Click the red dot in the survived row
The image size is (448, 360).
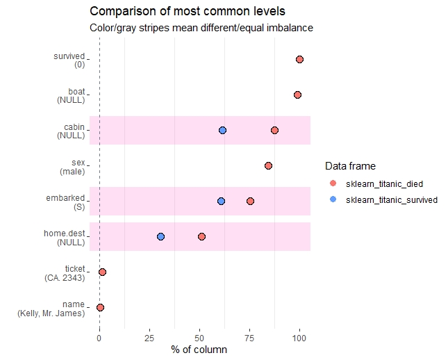(x=299, y=60)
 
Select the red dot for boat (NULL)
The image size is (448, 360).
(x=297, y=95)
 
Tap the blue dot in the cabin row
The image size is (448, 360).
(x=222, y=131)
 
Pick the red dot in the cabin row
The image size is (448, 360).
(x=274, y=131)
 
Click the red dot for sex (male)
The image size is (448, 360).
(x=268, y=166)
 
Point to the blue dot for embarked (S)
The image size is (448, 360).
(x=221, y=201)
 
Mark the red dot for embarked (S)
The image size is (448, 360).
(x=250, y=201)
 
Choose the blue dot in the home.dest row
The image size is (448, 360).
(x=160, y=236)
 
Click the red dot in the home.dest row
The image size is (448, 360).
(x=201, y=236)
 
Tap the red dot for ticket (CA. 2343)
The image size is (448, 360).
(x=102, y=272)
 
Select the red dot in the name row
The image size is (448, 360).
(x=100, y=307)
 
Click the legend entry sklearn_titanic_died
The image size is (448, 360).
(x=384, y=183)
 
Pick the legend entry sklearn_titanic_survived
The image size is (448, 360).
(x=391, y=199)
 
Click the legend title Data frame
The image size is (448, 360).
(x=350, y=166)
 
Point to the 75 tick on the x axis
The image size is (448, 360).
(x=249, y=338)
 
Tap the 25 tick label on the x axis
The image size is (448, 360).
(x=149, y=338)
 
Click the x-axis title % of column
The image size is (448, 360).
(x=199, y=350)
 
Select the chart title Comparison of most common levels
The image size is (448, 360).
(x=188, y=12)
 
